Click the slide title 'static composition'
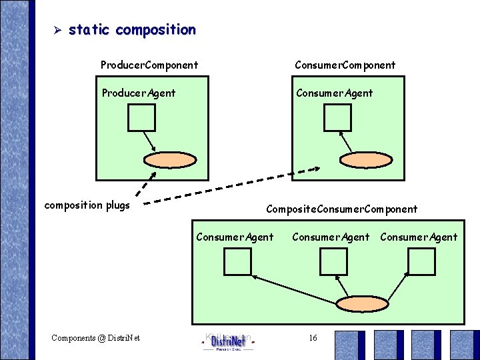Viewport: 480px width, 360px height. [x=132, y=30]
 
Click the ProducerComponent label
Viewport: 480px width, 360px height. [x=149, y=65]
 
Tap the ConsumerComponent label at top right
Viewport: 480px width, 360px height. [x=345, y=65]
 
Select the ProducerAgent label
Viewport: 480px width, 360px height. [x=139, y=93]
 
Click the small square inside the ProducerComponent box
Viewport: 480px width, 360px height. [x=141, y=117]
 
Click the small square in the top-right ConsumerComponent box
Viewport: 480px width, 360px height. [x=337, y=117]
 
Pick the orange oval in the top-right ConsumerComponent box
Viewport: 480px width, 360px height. [x=365, y=160]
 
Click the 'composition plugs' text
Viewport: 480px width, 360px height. [x=87, y=205]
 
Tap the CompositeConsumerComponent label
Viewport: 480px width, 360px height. [x=341, y=209]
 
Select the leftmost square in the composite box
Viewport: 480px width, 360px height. [x=237, y=261]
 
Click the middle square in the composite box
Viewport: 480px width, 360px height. [x=333, y=261]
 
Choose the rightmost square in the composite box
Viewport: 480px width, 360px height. [x=421, y=261]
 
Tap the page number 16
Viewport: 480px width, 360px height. [x=313, y=338]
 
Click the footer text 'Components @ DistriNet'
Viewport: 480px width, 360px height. [x=96, y=338]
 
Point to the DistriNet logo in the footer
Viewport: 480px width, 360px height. [x=227, y=342]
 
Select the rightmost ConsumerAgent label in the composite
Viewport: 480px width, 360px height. [x=419, y=237]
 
